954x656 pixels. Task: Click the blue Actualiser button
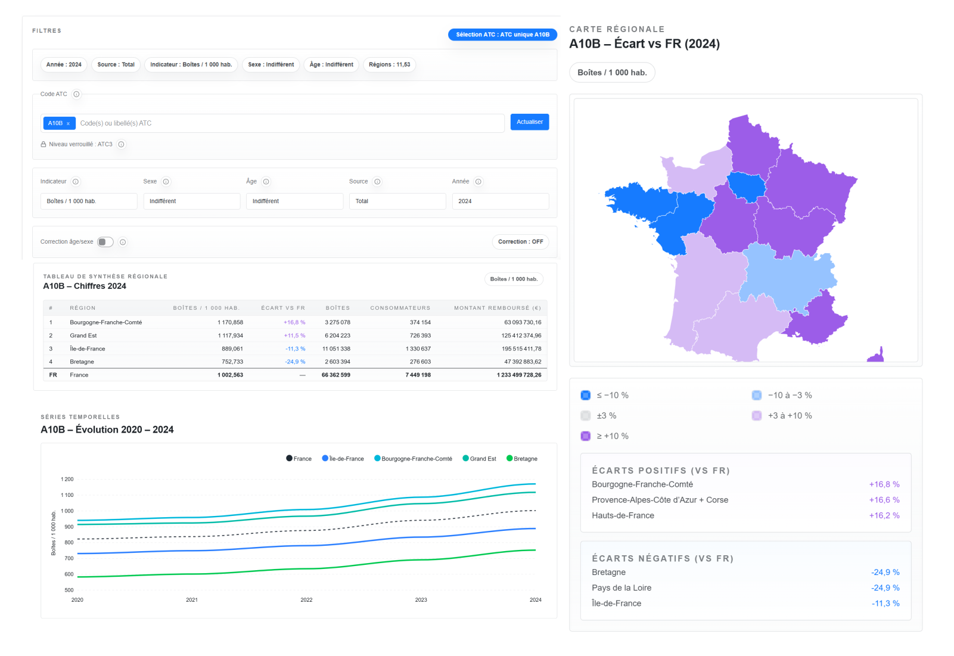529,122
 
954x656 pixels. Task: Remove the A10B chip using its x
68,123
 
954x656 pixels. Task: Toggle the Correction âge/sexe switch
105,242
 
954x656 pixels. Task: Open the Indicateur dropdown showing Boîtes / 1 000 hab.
89,201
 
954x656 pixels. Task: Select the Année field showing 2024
501,201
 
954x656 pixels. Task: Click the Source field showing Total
397,201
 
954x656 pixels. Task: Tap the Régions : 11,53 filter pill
389,65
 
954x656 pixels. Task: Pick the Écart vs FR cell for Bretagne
295,362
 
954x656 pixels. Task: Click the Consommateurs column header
400,308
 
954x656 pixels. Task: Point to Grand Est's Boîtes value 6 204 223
337,335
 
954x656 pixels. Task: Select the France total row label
79,375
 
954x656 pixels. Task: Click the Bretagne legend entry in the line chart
522,459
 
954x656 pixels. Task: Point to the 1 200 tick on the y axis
67,479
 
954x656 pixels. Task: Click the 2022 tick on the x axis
306,600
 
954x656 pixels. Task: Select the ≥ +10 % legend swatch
586,436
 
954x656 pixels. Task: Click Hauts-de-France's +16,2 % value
884,515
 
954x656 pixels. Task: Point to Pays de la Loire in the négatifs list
622,588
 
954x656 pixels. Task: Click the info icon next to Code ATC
76,94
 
